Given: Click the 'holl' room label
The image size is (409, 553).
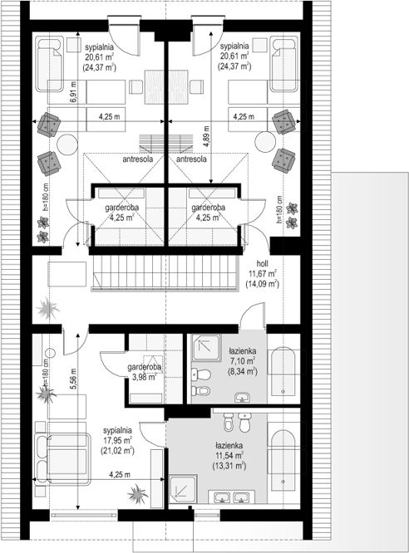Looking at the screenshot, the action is click(x=263, y=263).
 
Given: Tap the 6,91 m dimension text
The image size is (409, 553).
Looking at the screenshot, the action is click(x=73, y=92).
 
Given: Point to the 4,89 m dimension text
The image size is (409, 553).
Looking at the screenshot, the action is click(x=207, y=136).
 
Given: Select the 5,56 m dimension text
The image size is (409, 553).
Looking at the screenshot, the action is click(x=73, y=379).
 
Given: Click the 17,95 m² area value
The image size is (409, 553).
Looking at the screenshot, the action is click(x=117, y=440).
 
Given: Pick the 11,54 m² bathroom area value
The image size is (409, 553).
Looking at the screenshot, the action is click(x=229, y=456).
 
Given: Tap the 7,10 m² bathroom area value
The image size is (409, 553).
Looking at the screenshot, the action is click(x=242, y=361).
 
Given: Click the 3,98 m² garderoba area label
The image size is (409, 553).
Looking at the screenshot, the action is click(x=145, y=377).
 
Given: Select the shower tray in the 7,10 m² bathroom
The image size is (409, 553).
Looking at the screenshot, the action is click(x=205, y=347).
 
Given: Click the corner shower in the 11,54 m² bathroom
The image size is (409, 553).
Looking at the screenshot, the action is click(x=183, y=489).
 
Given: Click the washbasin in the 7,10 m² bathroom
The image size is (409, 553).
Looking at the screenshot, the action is click(x=243, y=397).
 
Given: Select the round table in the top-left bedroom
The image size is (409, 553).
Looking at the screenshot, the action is click(x=67, y=144).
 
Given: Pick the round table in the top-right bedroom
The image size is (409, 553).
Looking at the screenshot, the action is click(x=265, y=142).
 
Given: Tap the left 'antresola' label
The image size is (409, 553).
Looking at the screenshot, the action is click(x=138, y=159).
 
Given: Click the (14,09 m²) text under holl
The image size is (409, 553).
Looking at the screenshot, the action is click(x=263, y=283).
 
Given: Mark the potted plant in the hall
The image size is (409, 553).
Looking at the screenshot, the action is click(x=47, y=308).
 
